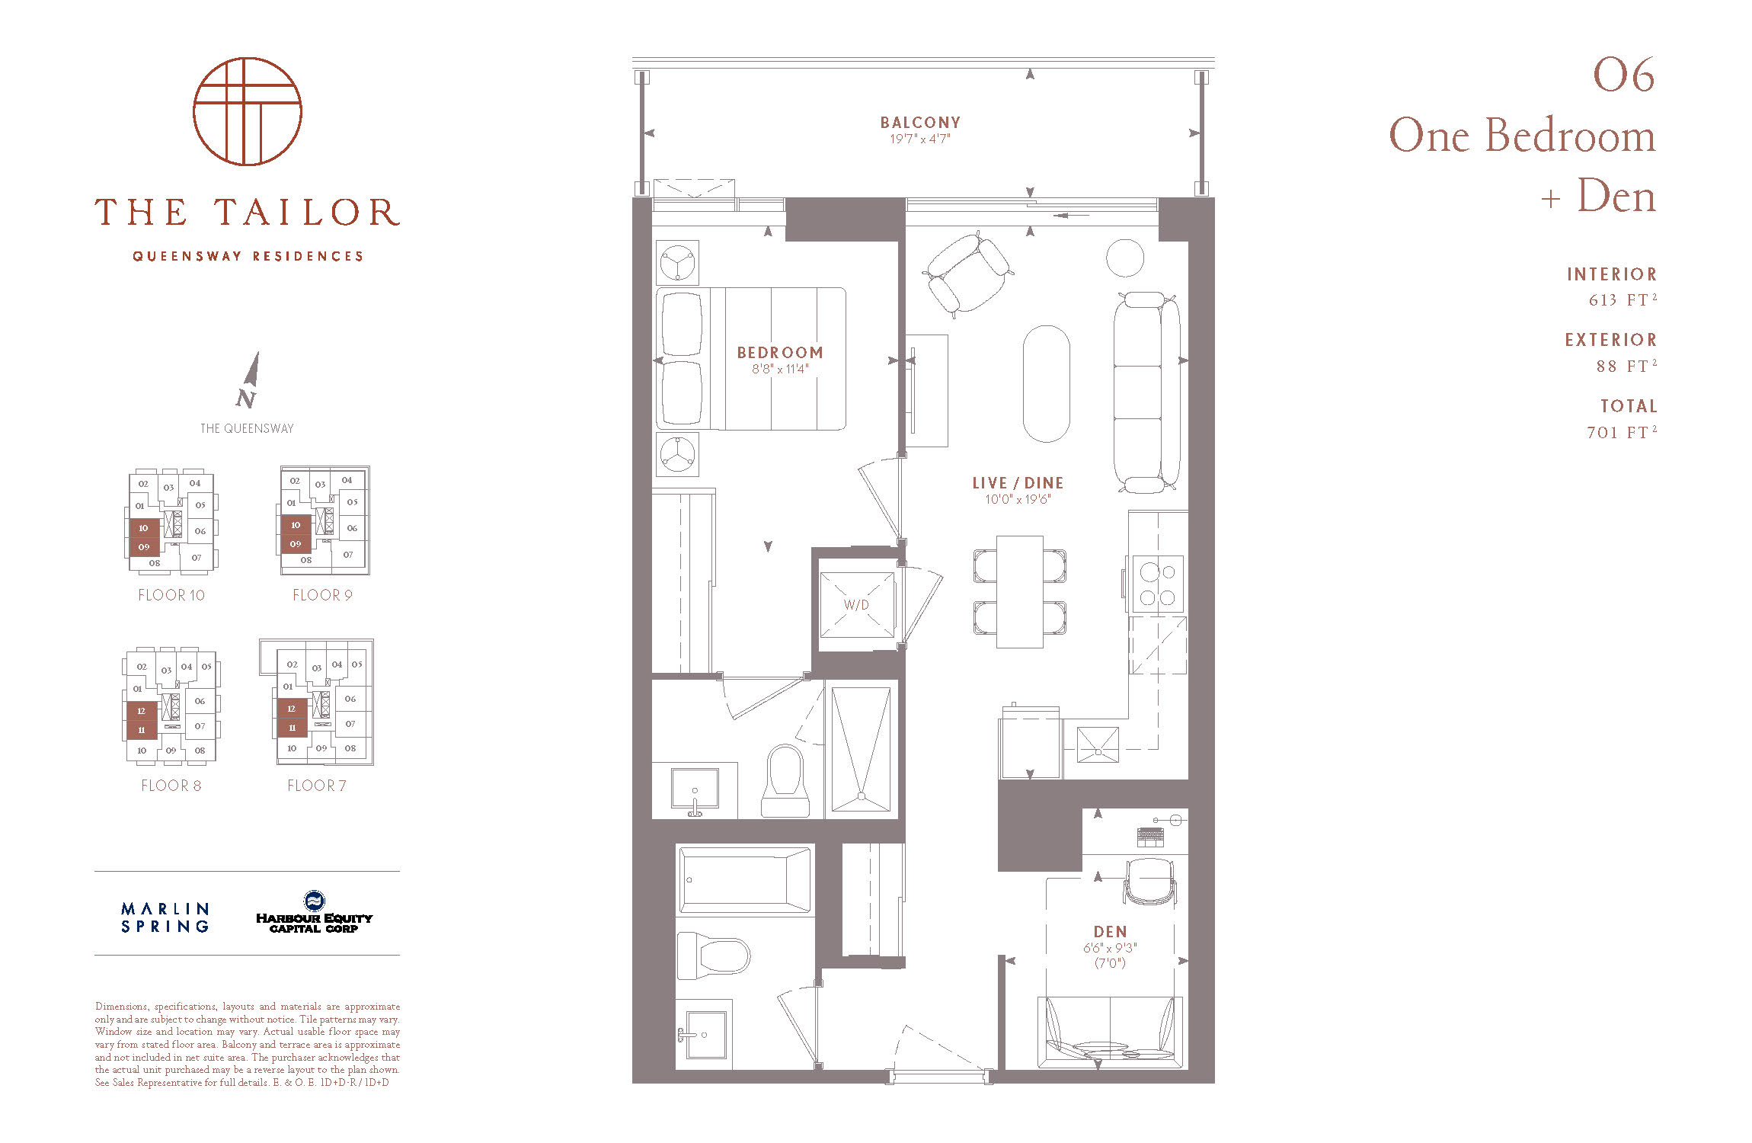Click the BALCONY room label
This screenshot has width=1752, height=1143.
click(920, 122)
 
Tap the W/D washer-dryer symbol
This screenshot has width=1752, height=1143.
click(856, 605)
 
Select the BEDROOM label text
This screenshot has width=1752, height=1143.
click(780, 353)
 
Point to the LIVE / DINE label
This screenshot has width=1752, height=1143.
click(1018, 483)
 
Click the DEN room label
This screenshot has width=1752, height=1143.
click(1110, 932)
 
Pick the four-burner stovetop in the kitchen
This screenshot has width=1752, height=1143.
click(1158, 584)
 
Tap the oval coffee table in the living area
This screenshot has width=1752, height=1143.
click(1047, 383)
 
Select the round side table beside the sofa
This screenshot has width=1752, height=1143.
click(1125, 258)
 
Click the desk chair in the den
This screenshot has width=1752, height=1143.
click(1150, 882)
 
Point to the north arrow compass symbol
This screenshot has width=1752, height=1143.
click(248, 379)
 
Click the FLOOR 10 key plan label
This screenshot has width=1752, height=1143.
click(171, 595)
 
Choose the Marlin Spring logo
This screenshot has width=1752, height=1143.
click(165, 917)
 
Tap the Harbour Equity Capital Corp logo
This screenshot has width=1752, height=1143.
click(314, 912)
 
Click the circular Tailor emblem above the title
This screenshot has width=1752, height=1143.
click(248, 111)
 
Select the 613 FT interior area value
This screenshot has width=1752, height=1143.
click(1623, 299)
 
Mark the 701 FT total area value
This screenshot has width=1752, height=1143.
click(1622, 432)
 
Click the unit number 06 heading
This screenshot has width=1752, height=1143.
click(1624, 75)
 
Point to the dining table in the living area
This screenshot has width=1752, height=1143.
click(1020, 592)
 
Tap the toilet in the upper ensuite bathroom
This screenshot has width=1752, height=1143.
click(785, 781)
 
